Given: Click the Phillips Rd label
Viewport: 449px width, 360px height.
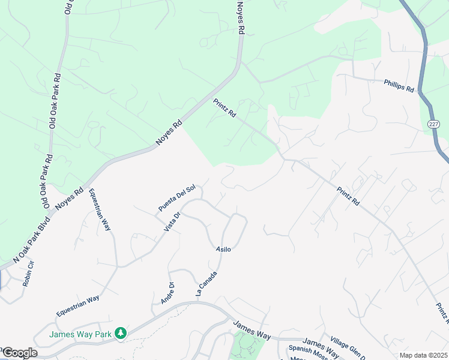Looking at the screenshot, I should pyautogui.click(x=399, y=85).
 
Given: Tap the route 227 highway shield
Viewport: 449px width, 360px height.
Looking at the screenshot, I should pyautogui.click(x=433, y=124).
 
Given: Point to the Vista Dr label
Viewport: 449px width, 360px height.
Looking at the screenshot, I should pyautogui.click(x=172, y=222).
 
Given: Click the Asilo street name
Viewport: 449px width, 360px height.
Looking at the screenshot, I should pyautogui.click(x=223, y=248).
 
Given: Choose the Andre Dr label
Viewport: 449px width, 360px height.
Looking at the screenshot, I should pyautogui.click(x=167, y=293).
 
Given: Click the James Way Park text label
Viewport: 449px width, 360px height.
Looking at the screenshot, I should pyautogui.click(x=81, y=334).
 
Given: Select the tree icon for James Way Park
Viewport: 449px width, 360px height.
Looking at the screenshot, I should pyautogui.click(x=121, y=332).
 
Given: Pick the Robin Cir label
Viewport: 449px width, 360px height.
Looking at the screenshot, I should pyautogui.click(x=28, y=274).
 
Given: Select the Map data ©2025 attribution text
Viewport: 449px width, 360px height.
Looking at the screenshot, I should pyautogui.click(x=423, y=355).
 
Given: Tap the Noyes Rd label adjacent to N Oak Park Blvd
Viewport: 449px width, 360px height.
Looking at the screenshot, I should pyautogui.click(x=69, y=200).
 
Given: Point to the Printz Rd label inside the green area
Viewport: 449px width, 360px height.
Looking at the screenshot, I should pyautogui.click(x=224, y=109).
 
